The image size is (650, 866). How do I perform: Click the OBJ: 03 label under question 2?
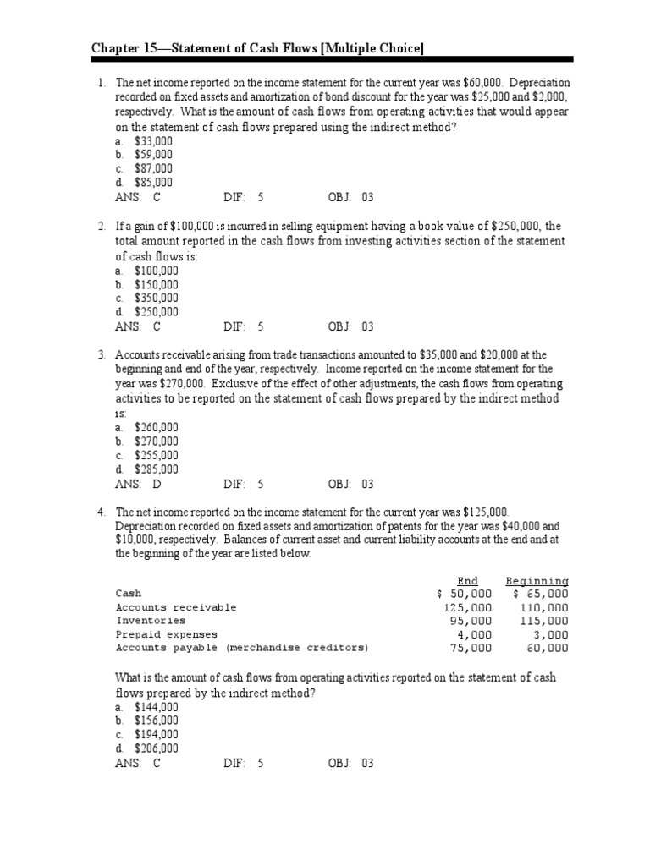click(x=350, y=326)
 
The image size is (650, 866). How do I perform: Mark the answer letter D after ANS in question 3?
click(x=157, y=485)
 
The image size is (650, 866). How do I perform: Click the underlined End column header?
click(x=467, y=581)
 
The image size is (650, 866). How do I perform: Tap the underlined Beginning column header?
click(x=537, y=581)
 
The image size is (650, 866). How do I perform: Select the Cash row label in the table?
click(x=129, y=594)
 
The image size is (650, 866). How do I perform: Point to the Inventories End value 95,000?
click(x=470, y=621)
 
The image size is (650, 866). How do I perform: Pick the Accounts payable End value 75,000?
click(x=470, y=648)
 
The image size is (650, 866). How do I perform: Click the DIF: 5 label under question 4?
click(x=244, y=763)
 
